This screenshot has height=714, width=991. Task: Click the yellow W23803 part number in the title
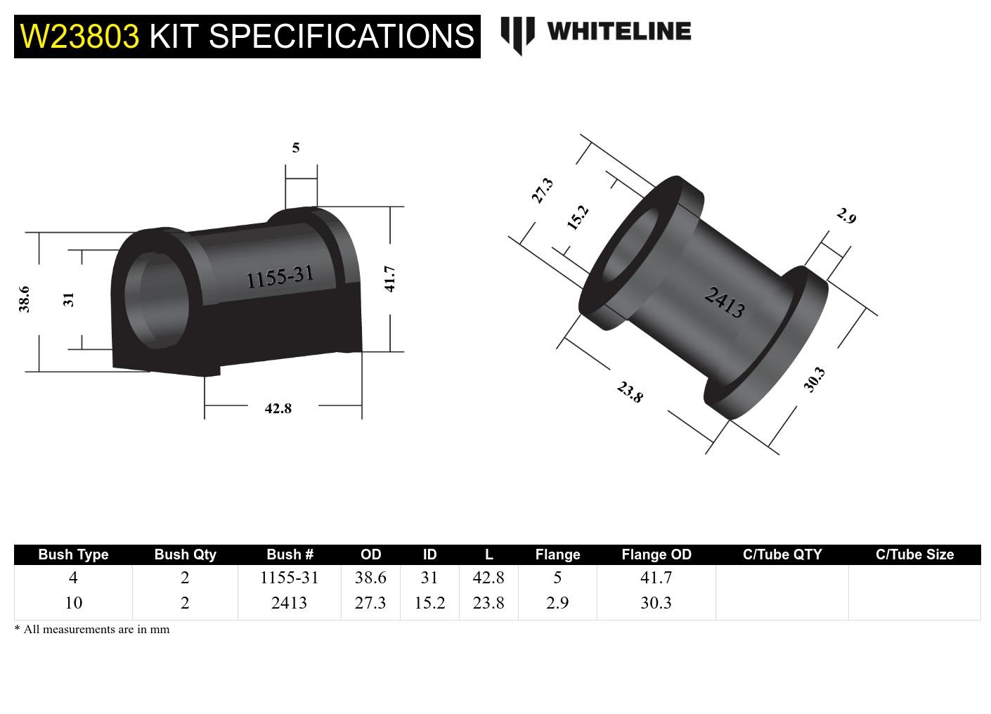[79, 36]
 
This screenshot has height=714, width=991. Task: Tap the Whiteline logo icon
[517, 34]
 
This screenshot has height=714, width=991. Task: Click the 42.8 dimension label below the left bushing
[278, 408]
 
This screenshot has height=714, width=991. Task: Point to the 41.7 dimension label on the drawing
[390, 278]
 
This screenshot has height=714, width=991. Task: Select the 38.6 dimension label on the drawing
[24, 299]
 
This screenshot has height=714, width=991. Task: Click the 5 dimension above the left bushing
[296, 148]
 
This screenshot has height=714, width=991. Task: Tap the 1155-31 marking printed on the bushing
[279, 277]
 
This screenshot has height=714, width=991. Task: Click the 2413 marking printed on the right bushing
[725, 302]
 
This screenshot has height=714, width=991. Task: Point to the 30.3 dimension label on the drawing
[814, 379]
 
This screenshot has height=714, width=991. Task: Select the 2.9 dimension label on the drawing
[846, 216]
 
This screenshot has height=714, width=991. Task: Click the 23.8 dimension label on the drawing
[630, 392]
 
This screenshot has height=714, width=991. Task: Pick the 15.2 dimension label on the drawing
[577, 218]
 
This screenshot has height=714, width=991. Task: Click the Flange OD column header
[656, 554]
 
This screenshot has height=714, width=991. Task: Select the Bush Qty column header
[185, 554]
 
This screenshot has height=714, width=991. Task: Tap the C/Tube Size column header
[914, 554]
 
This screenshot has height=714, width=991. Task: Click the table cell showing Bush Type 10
[73, 603]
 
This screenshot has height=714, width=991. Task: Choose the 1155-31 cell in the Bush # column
[289, 578]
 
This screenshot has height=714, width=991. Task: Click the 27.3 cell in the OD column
[370, 603]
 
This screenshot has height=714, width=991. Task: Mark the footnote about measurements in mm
[92, 630]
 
